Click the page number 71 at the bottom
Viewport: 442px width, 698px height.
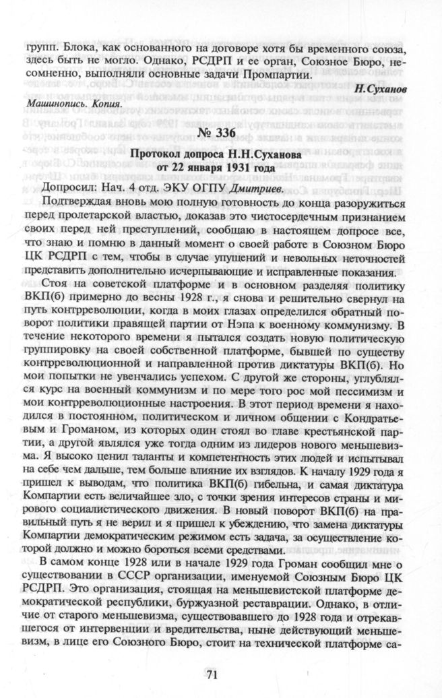click(220, 674)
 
